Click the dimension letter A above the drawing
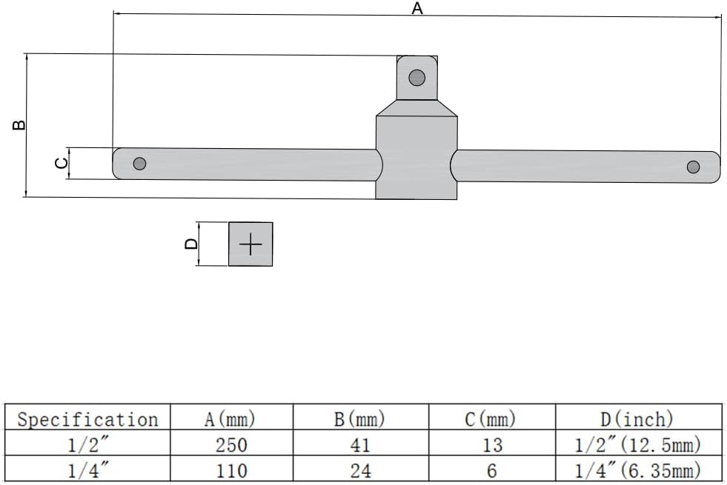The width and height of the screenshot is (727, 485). (417, 8)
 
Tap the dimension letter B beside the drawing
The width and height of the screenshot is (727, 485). (19, 124)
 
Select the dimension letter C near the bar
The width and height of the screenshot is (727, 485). (62, 163)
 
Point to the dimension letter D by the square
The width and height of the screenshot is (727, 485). (191, 244)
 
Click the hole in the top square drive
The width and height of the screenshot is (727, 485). (416, 77)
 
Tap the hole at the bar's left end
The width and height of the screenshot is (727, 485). (139, 164)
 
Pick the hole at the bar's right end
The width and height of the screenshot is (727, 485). (693, 167)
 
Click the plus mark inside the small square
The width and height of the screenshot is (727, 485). (250, 244)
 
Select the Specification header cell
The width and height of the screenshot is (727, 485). (88, 419)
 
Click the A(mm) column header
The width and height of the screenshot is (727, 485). (230, 419)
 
